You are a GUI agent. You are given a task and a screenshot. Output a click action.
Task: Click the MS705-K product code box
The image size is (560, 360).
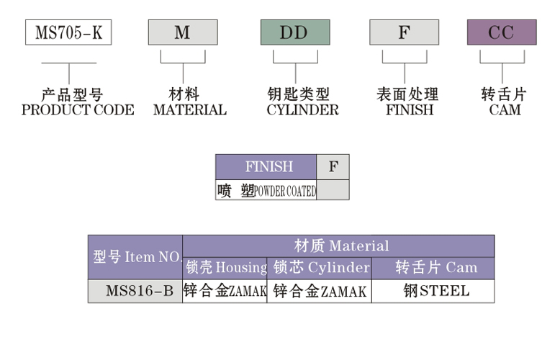coord(68,33)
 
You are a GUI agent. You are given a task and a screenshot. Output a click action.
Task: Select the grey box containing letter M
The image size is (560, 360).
coord(183,33)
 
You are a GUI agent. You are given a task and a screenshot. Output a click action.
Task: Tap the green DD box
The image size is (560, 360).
coord(294,33)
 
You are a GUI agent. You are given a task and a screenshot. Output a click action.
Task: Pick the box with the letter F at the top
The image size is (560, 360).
coord(404,33)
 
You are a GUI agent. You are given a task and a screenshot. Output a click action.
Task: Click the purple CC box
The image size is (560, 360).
coord(502,33)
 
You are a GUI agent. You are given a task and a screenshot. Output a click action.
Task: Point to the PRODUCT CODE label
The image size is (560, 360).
coord(78,110)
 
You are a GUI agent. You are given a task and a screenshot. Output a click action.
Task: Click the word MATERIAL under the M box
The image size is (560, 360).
coord(189,110)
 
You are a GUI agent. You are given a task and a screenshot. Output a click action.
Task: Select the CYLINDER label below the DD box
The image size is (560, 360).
coord(302,110)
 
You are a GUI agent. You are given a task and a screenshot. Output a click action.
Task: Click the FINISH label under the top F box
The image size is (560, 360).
coord(409,110)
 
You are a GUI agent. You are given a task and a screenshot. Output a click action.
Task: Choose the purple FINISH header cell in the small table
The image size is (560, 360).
coord(266,167)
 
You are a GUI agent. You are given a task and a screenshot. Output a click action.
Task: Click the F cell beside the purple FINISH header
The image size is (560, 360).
coord(333,167)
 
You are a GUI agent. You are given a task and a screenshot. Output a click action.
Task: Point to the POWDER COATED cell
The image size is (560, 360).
coord(266,191)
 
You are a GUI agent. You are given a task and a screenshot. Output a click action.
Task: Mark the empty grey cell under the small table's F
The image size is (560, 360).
coord(333,191)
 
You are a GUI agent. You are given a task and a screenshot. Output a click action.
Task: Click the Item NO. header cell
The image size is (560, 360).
coord(135,257)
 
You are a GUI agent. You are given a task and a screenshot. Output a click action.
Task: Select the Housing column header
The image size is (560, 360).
coord(225,268)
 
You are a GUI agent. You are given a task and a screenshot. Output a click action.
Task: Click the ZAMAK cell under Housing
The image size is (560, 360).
coord(225,292)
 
